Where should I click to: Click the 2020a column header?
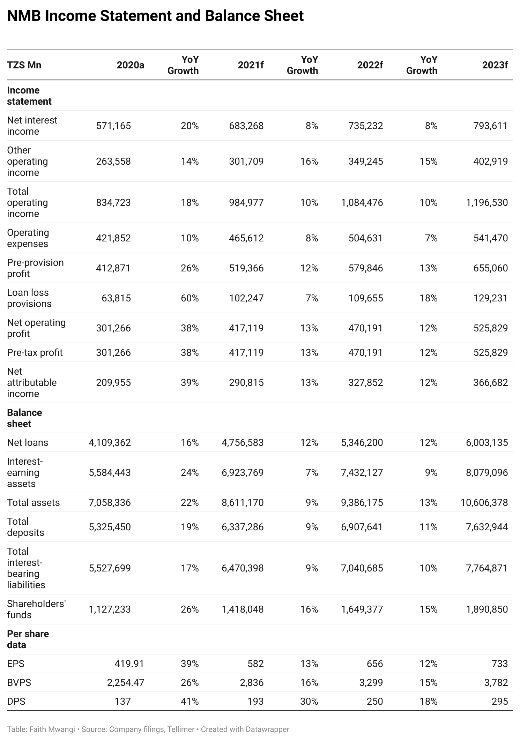pyautogui.click(x=131, y=65)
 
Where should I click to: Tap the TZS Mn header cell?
pyautogui.click(x=24, y=65)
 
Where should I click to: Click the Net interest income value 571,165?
pyautogui.click(x=113, y=126)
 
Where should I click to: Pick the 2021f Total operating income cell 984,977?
pyautogui.click(x=246, y=202)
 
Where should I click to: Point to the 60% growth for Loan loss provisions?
pyautogui.click(x=190, y=298)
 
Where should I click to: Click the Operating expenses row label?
pyautogui.click(x=28, y=238)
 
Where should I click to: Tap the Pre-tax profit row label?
pyautogui.click(x=35, y=352)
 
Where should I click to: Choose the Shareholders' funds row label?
pyautogui.click(x=36, y=609)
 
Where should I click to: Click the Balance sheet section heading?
pyautogui.click(x=24, y=418)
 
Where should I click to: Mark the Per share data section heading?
pyautogui.click(x=28, y=639)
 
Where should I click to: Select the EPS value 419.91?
pyautogui.click(x=129, y=664)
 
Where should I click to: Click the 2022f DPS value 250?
pyautogui.click(x=375, y=701)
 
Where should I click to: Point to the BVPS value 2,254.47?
pyautogui.click(x=126, y=682)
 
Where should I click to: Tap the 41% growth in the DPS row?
pyautogui.click(x=190, y=701)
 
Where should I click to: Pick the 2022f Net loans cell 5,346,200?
pyautogui.click(x=362, y=442)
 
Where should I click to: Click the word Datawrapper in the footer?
pyautogui.click(x=268, y=729)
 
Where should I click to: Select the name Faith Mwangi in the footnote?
pyautogui.click(x=52, y=729)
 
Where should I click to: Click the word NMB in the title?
pyautogui.click(x=24, y=16)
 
